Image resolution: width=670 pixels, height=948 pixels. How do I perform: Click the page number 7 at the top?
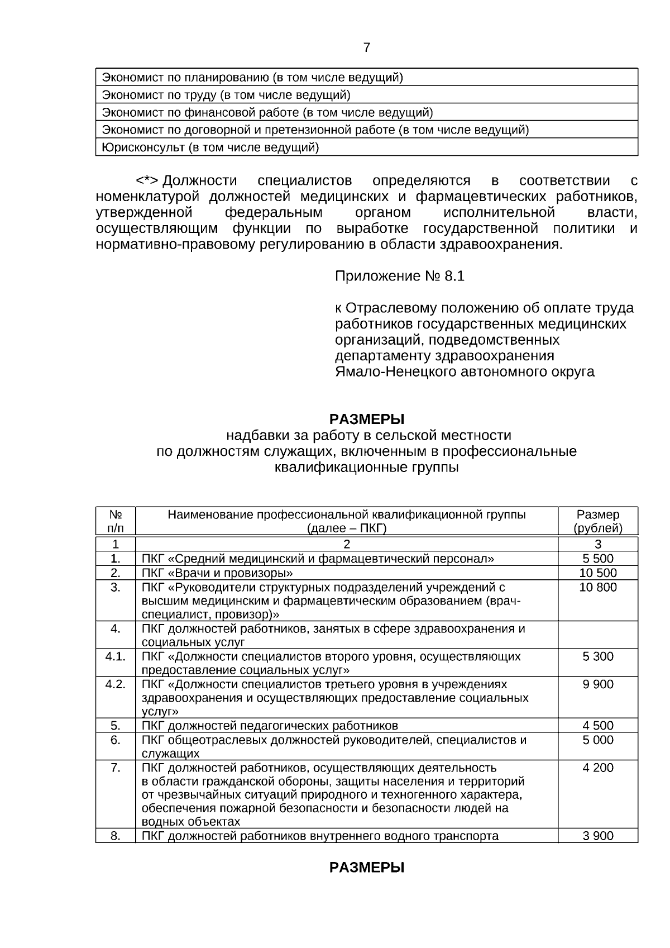coord(366,48)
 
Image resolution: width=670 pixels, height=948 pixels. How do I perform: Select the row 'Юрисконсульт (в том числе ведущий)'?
coord(210,148)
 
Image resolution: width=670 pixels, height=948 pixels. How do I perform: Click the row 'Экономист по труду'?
coord(226,95)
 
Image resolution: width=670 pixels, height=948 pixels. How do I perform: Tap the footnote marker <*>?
coord(147,181)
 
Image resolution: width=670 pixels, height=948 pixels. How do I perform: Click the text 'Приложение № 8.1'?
coord(399,277)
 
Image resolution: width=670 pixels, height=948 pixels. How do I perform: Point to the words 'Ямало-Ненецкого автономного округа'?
coord(465,371)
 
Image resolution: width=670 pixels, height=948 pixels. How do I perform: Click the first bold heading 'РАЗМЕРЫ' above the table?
coord(366,419)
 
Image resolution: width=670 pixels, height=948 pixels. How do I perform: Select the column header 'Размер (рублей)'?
coord(597,521)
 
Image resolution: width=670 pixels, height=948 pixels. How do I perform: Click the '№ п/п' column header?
coord(115,521)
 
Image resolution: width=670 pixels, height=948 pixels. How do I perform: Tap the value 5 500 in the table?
coord(597,559)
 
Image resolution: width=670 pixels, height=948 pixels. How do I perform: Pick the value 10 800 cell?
coord(597,587)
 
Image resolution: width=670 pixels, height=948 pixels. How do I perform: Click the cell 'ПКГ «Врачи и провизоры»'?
coord(217,573)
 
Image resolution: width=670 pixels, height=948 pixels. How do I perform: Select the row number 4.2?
coord(115,684)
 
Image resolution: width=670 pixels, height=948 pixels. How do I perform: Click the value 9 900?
coord(597,684)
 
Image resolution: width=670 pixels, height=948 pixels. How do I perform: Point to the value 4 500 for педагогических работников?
coord(597,726)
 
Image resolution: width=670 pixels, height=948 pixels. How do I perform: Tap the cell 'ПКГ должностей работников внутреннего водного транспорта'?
coord(320,836)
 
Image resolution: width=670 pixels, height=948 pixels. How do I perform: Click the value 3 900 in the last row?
coord(597,836)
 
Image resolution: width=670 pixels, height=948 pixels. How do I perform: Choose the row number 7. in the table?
coord(115,768)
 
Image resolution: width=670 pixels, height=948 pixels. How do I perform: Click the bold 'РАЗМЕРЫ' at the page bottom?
coord(366,868)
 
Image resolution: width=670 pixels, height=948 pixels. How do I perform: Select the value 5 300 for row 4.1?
coord(597,656)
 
